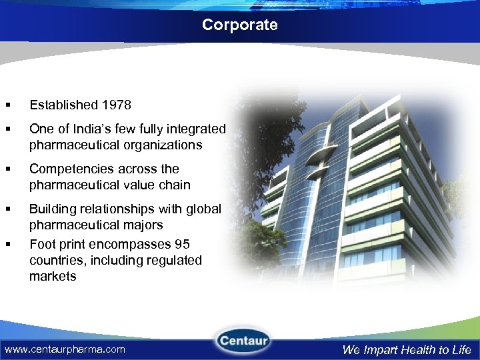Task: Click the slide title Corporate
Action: point(240,25)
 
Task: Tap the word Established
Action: point(64,105)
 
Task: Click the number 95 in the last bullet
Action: point(182,244)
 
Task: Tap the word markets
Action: point(53,276)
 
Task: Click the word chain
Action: point(175,185)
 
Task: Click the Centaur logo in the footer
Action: point(243,341)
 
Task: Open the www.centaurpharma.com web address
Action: point(65,349)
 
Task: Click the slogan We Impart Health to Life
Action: point(407,349)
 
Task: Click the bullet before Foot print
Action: point(7,245)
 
